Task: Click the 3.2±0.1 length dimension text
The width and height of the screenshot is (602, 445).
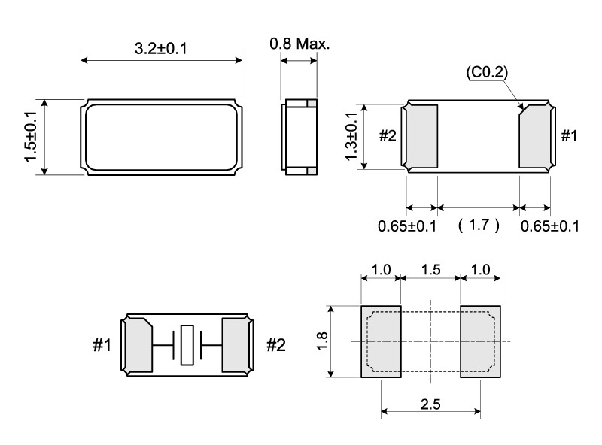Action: (x=160, y=49)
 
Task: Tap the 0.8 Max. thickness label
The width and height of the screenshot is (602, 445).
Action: (x=299, y=44)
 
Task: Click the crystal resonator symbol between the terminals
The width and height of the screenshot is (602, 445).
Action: (x=187, y=345)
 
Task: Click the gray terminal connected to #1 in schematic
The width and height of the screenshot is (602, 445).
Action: (x=139, y=345)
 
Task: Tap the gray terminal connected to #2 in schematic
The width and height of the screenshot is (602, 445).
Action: (x=236, y=345)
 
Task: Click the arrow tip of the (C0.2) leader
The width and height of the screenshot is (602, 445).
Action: (x=523, y=111)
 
